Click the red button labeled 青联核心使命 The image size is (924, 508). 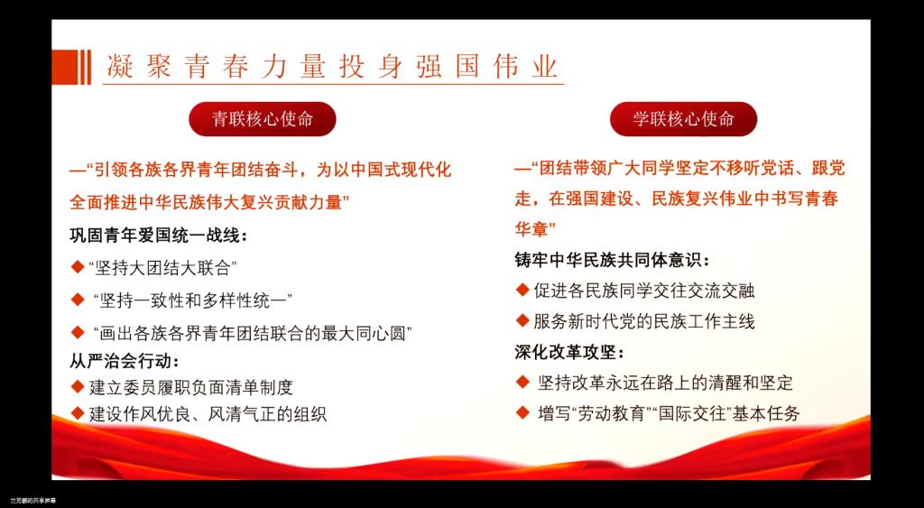263,119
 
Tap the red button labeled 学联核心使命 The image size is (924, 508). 684,119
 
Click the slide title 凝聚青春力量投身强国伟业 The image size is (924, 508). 332,67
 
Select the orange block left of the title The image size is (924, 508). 65,67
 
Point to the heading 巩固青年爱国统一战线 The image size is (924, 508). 159,236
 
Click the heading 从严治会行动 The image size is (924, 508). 125,359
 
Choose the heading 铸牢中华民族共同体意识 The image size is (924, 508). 613,259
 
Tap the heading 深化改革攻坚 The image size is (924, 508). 569,353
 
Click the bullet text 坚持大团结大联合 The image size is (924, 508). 162,268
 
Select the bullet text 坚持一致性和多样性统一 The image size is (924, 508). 193,300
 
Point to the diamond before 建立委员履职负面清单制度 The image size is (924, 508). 78,386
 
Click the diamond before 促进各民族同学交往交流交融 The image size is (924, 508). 522,290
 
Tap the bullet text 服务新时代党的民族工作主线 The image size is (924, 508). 644,321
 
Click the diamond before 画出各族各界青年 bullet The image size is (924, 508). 78,332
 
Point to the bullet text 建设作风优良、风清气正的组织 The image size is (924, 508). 208,413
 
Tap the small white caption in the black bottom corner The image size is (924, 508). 29,501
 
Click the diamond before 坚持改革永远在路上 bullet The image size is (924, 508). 522,382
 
